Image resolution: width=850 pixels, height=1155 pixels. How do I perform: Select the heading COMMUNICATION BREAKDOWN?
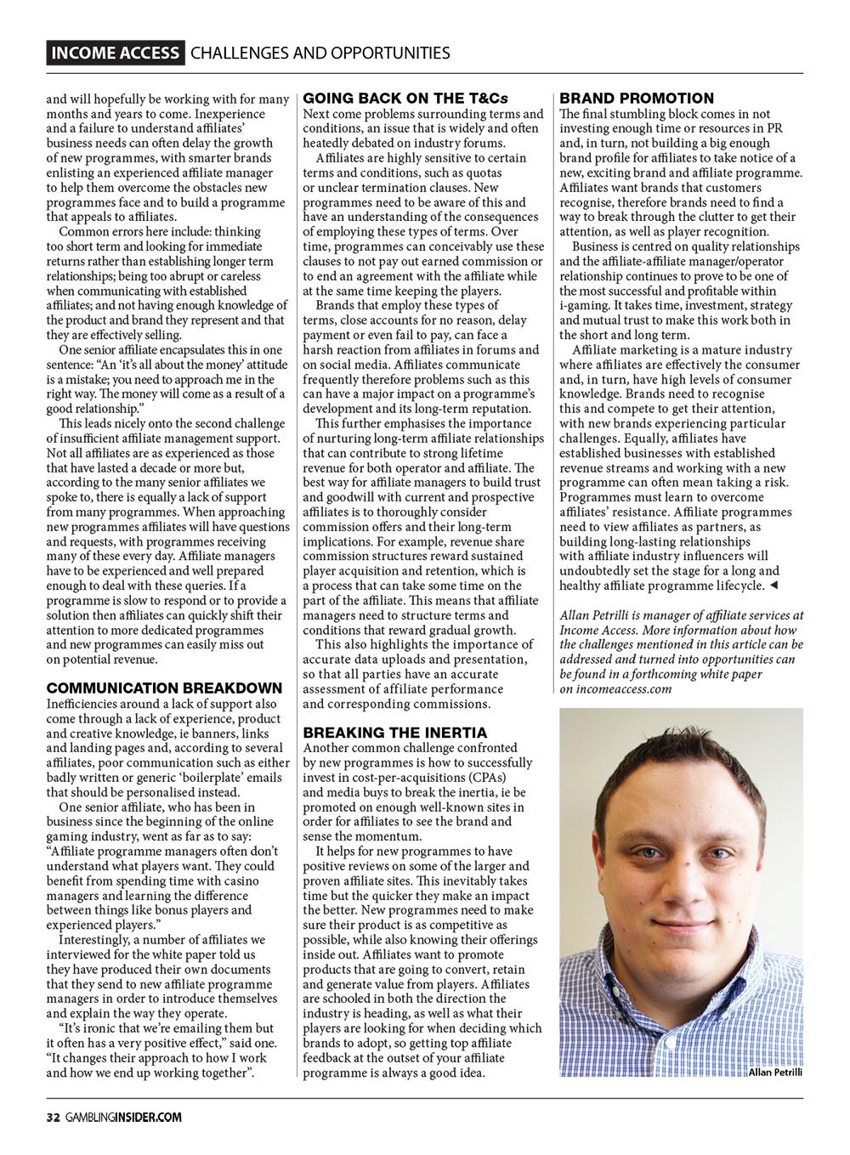tap(164, 688)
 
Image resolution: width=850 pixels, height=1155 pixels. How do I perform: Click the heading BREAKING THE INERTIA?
tap(395, 733)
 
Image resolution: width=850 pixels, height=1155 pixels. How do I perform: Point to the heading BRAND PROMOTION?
tap(637, 99)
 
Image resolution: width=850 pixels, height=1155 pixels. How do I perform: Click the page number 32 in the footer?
tap(52, 1118)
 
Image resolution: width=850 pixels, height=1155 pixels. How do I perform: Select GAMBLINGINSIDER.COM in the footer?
tap(121, 1118)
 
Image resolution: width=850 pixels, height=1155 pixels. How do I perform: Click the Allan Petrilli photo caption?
tap(775, 1073)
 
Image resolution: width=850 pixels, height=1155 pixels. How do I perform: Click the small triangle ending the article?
tap(773, 586)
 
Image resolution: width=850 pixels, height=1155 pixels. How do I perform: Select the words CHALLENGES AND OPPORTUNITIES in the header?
tap(320, 54)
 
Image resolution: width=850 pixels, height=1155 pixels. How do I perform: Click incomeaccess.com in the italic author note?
tap(623, 689)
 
